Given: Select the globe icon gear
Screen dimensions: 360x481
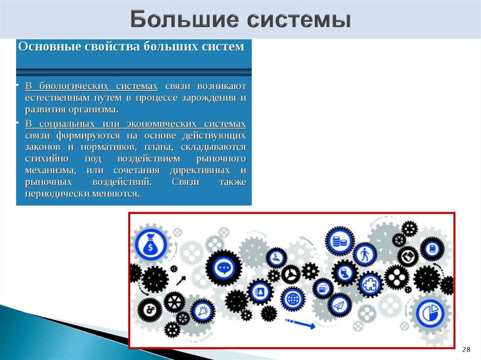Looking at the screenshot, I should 293,298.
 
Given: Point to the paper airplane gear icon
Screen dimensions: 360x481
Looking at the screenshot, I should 340,306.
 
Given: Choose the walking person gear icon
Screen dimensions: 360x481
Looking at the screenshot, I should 364,255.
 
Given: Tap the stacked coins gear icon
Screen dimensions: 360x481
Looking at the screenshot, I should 339,242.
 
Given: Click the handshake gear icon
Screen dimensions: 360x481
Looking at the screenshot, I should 407,256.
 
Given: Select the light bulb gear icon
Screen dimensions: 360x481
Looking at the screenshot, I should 203,311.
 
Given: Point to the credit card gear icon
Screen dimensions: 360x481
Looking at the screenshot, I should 323,289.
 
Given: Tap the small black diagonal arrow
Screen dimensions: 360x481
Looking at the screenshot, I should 180,281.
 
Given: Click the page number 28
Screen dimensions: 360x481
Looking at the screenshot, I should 466,349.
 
